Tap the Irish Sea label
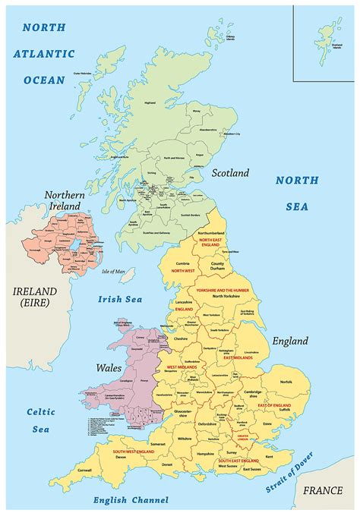pos(120,299)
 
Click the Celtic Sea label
pos(41,420)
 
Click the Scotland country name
pos(230,173)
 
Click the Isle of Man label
pos(113,271)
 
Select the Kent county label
pos(269,456)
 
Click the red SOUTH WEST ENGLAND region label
pos(134,452)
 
